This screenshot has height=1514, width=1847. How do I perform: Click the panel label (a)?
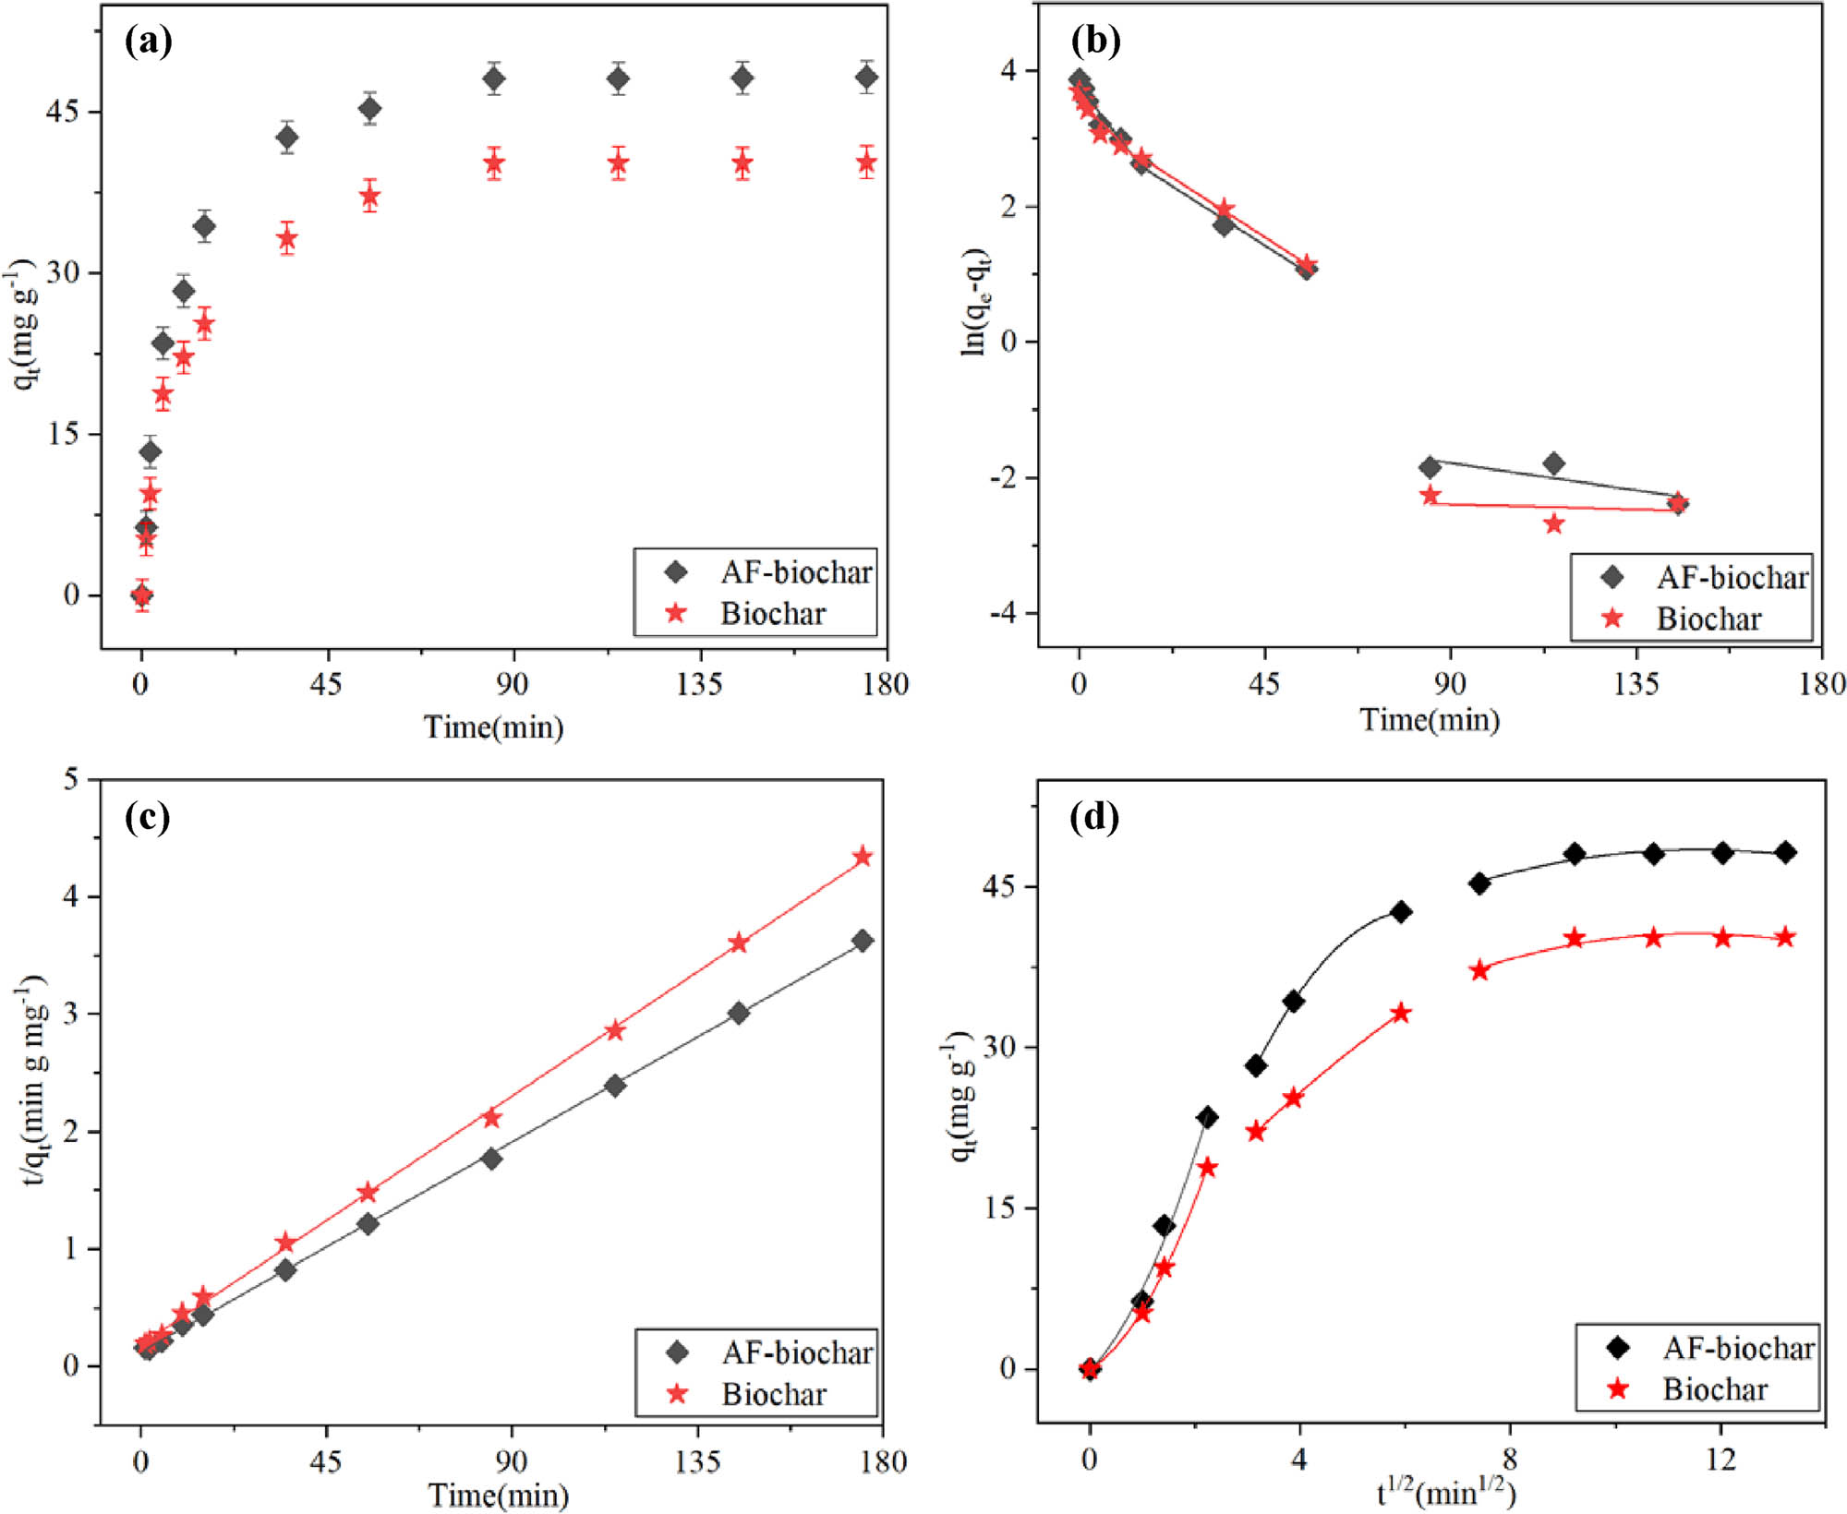click(148, 41)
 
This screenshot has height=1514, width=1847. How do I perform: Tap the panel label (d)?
click(1093, 817)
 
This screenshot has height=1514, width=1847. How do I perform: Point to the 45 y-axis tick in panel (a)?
click(63, 112)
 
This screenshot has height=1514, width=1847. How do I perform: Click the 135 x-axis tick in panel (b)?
click(1636, 684)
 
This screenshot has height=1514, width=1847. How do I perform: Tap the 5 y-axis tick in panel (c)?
click(71, 779)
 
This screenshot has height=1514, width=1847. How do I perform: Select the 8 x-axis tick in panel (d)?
click(1509, 1460)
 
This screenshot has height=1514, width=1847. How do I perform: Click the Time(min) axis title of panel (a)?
click(493, 727)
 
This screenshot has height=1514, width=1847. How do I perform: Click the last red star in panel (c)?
click(863, 857)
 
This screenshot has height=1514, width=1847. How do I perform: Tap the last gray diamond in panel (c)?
click(863, 941)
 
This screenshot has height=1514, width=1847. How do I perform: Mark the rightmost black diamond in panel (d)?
click(1785, 852)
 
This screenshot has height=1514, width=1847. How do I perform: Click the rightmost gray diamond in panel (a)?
click(866, 78)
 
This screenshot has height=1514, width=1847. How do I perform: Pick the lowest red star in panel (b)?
click(1554, 523)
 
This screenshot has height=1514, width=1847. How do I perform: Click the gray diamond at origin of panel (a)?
click(141, 595)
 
